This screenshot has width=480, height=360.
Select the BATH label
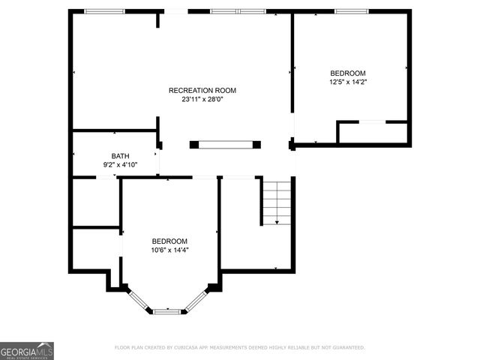tap(120, 156)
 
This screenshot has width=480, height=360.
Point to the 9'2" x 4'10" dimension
tap(120, 165)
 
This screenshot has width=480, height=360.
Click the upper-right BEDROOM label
tap(348, 73)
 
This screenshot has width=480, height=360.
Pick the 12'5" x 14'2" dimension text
tap(348, 82)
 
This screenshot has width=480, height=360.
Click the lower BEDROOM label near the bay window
tap(169, 241)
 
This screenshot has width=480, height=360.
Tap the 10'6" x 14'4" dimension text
tap(169, 250)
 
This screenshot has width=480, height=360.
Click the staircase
tap(277, 201)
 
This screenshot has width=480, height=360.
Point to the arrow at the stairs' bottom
tap(277, 221)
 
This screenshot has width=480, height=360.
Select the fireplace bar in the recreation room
tap(225, 144)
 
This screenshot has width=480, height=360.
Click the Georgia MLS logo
tap(27, 350)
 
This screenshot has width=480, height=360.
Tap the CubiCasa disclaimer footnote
tap(239, 347)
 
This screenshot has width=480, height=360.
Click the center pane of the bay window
tap(167, 310)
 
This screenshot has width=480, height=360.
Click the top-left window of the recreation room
tap(104, 11)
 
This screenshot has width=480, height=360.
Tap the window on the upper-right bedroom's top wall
tap(351, 11)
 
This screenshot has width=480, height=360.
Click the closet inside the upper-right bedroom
tap(373, 133)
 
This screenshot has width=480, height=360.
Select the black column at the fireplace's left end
tap(194, 144)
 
